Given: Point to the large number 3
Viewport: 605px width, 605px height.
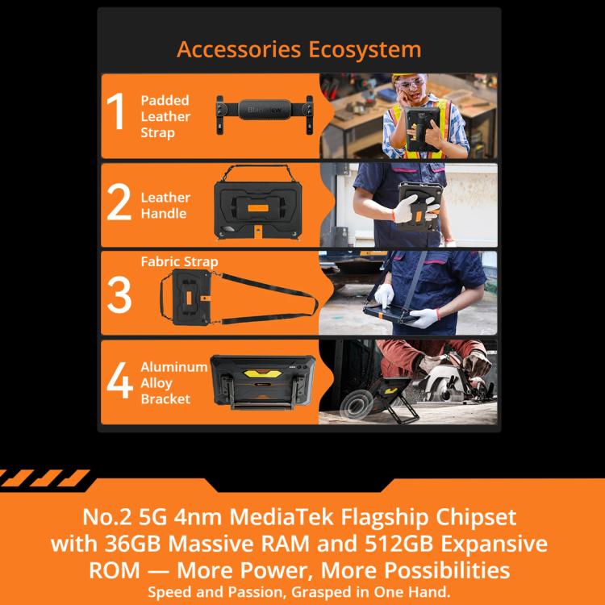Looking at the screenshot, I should click(119, 294).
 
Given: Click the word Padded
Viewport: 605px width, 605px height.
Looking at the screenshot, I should click(165, 100).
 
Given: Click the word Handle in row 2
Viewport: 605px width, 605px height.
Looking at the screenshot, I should click(164, 214).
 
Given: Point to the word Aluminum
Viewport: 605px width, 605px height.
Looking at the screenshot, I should click(174, 367).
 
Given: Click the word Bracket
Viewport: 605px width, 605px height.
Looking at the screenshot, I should click(165, 399).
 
